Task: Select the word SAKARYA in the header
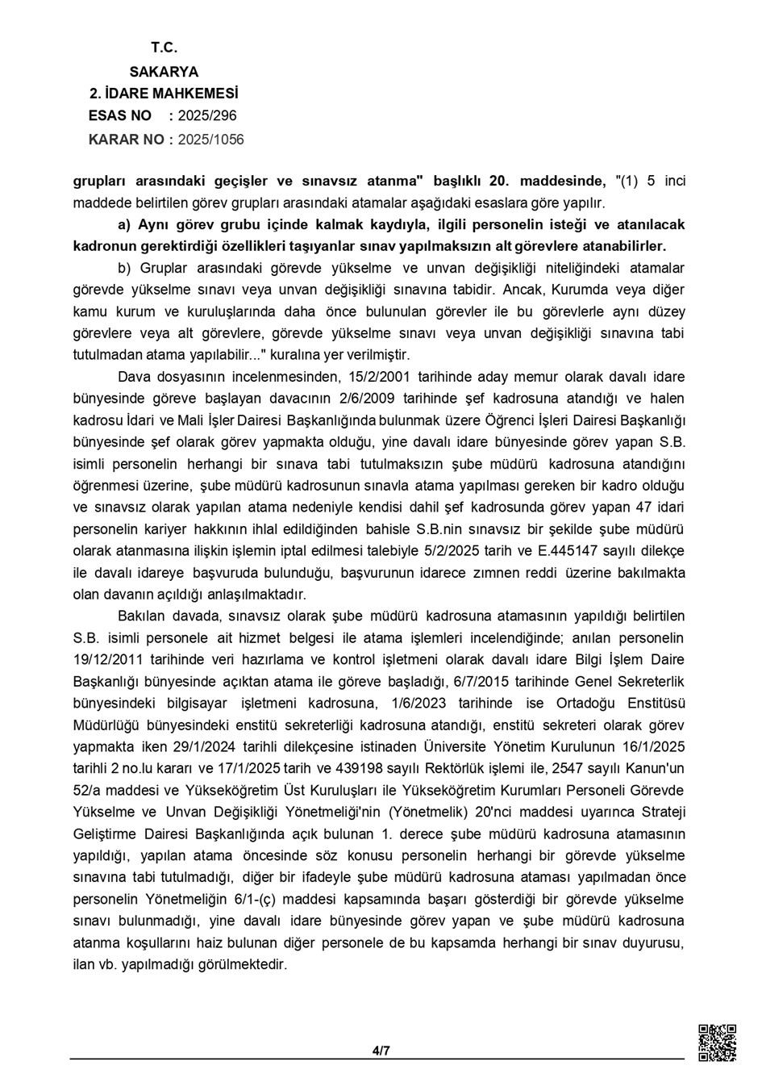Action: coord(164,71)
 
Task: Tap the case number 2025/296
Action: coord(207,116)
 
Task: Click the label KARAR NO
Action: coord(126,140)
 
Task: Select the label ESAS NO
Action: coord(120,116)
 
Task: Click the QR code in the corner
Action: coord(716,1042)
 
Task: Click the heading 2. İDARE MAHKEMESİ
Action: coord(164,94)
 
